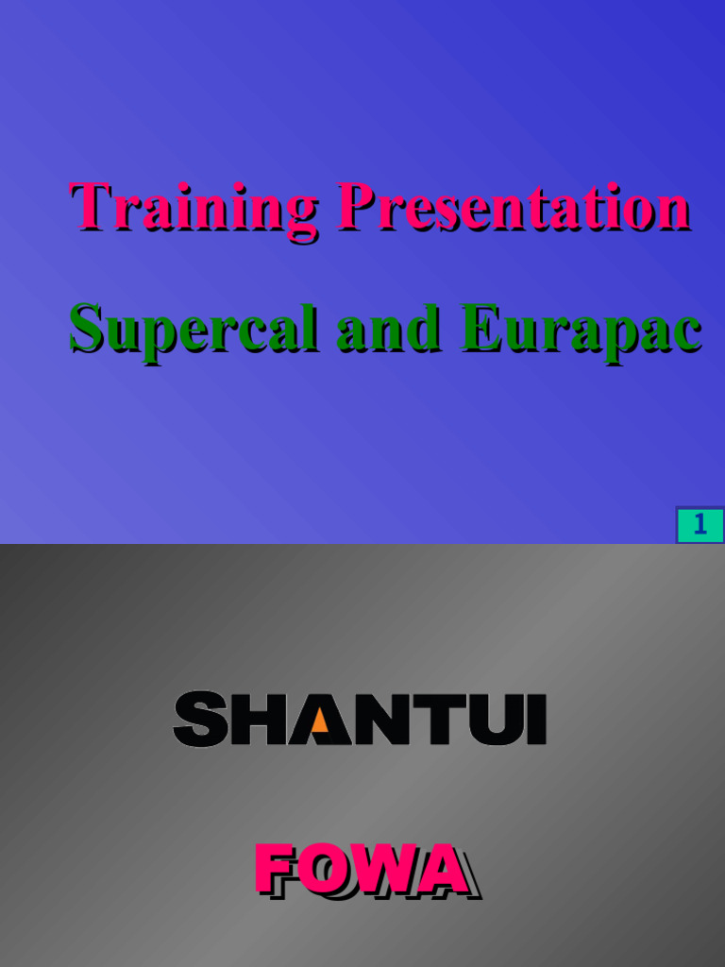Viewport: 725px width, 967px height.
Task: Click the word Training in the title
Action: tap(194, 208)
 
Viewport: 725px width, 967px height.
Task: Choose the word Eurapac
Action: tap(580, 331)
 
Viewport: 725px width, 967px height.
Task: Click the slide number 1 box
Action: tap(700, 525)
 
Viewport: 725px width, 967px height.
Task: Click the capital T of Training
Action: tap(89, 205)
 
